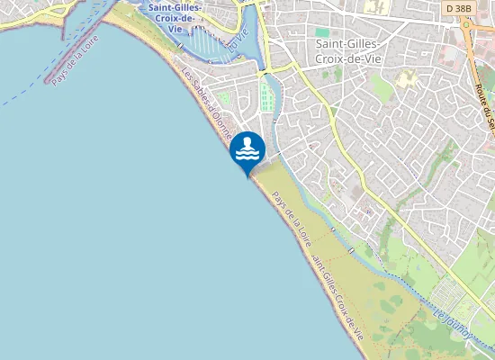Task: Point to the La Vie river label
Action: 237,40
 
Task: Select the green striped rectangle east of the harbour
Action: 266,95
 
